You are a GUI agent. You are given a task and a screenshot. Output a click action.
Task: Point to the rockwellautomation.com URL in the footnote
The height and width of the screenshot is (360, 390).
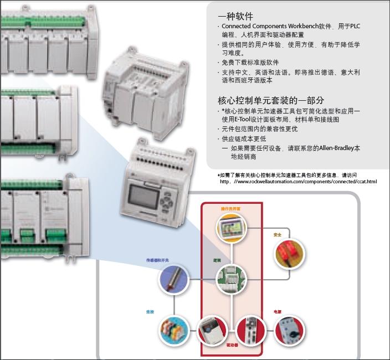pos(302,182)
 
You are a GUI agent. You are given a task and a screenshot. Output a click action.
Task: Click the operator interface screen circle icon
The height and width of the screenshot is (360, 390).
pos(231,229)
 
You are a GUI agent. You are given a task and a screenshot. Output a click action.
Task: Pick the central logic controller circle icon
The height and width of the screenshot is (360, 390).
pos(230,279)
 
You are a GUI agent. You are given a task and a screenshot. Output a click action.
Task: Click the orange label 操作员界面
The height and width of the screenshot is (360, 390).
pos(230,209)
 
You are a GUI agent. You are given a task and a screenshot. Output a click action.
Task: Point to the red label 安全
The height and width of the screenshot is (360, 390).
pos(277,235)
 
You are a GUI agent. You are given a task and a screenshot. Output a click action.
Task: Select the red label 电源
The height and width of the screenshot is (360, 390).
pos(277,312)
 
